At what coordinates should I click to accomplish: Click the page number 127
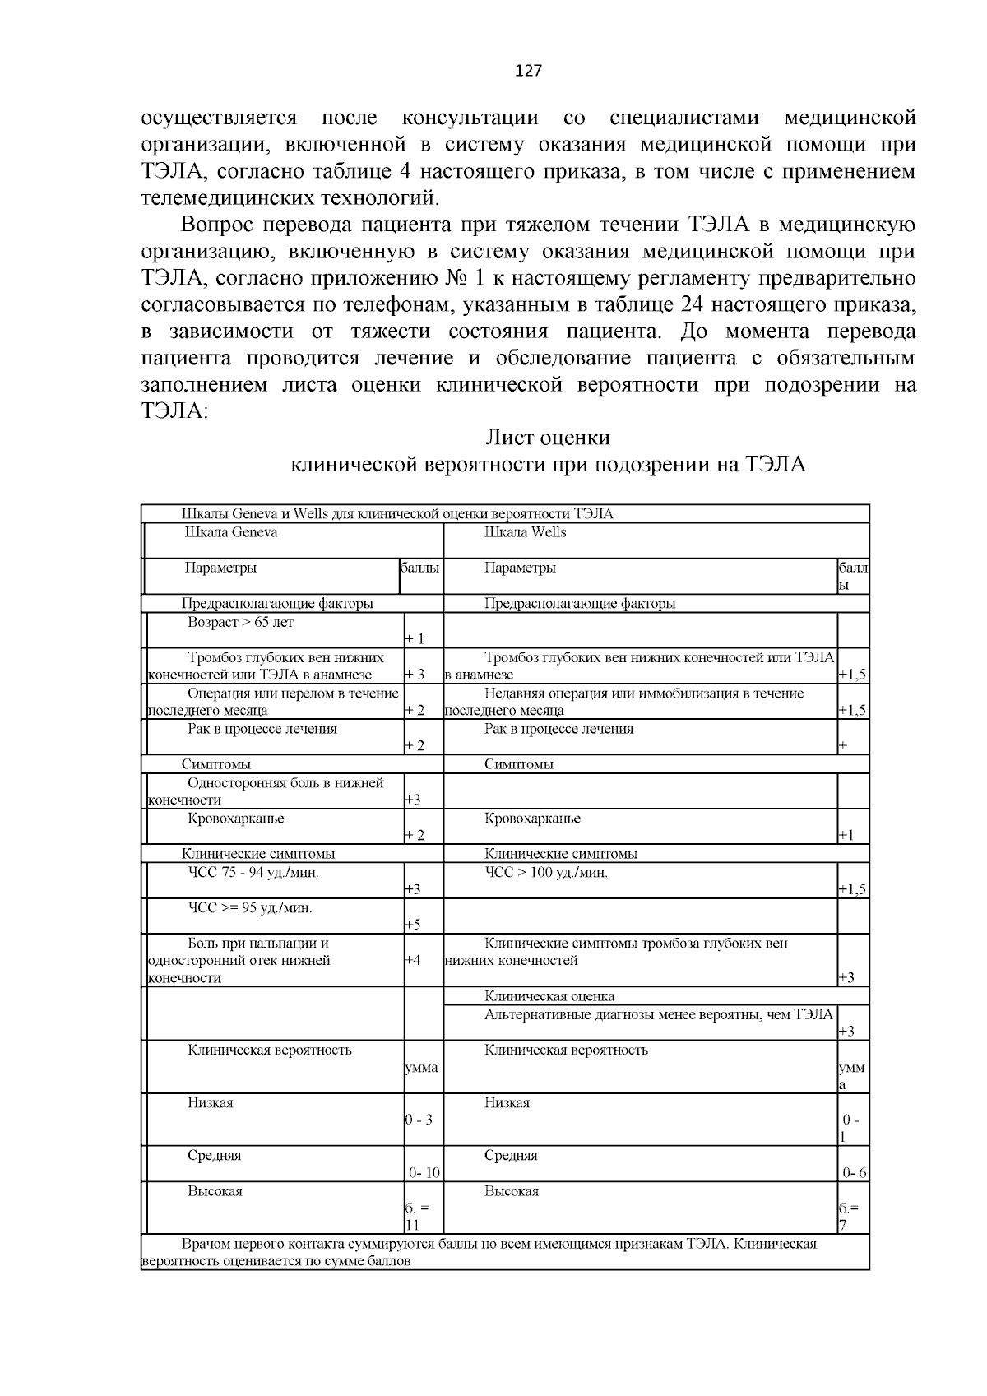point(528,71)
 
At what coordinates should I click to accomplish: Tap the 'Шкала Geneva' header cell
point(231,532)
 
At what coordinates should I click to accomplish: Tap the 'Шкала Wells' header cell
point(525,532)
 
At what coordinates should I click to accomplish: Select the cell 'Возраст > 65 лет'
point(240,622)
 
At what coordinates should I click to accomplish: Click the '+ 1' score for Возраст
point(415,639)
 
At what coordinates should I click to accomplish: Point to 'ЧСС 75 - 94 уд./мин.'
point(253,872)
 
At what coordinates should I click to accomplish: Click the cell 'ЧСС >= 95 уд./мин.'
point(250,907)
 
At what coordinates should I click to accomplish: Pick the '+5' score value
point(413,925)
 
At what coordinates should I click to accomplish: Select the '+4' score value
point(413,959)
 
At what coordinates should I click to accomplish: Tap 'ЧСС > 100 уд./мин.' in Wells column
point(545,872)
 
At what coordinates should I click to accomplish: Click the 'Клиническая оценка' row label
point(549,996)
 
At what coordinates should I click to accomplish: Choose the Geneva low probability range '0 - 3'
point(419,1120)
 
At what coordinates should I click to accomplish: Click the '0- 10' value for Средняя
point(424,1173)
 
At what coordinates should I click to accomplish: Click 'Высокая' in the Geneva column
point(215,1191)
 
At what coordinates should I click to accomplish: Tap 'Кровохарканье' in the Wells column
point(532,819)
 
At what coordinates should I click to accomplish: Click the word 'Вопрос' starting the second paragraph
point(218,225)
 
